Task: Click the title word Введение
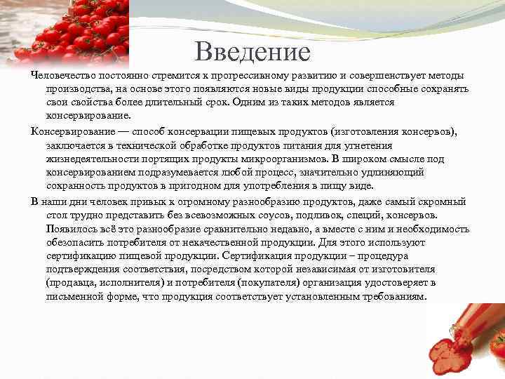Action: click(x=252, y=51)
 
